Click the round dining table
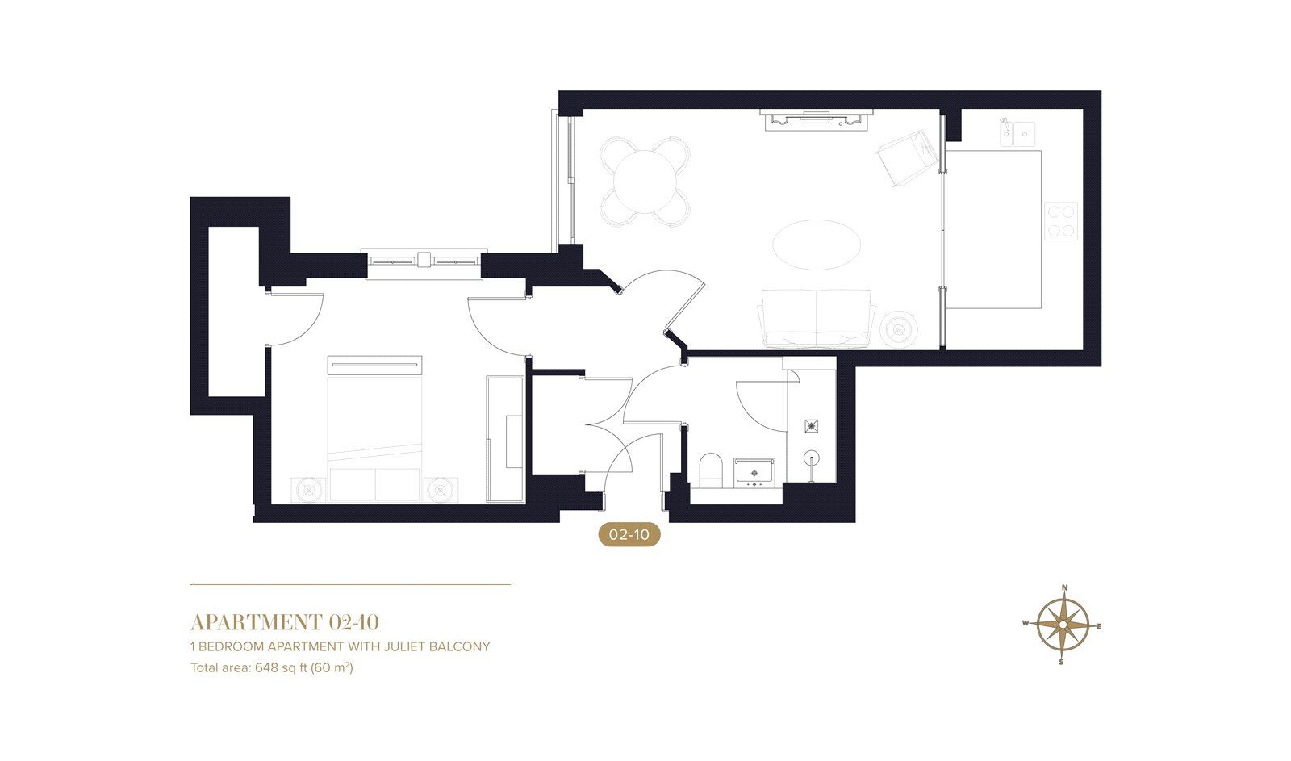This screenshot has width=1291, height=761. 645,182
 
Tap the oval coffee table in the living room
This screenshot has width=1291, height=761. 817,244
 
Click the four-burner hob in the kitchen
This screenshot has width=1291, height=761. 1061,220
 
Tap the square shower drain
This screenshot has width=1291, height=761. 812,425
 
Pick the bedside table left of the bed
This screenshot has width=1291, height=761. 309,489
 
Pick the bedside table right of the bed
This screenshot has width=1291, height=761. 441,489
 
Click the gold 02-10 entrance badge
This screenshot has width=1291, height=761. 629,534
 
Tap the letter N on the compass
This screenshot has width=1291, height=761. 1064,588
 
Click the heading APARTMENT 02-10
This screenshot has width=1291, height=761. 284,622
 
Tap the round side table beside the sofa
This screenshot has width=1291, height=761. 899,329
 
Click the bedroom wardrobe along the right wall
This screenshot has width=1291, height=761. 506,440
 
